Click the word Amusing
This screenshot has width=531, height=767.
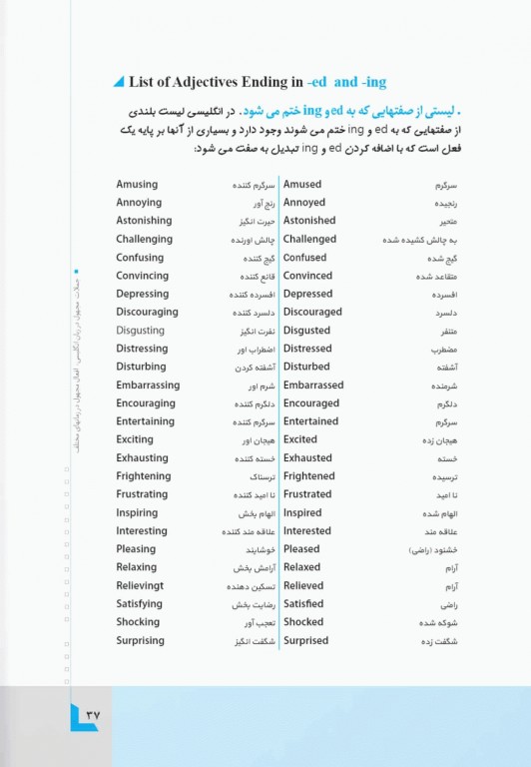[137, 185]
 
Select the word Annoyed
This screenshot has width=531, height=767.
[303, 203]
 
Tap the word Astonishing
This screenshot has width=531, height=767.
[144, 221]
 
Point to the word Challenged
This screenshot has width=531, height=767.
[309, 239]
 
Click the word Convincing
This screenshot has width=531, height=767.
[142, 276]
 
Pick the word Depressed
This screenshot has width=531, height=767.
[307, 294]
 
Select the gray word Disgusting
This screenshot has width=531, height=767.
[141, 331]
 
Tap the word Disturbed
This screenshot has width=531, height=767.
[305, 367]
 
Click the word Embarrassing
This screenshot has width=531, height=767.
[148, 385]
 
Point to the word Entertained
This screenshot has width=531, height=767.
[310, 421]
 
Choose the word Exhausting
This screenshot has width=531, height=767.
[144, 458]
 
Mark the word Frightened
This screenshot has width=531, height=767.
[308, 476]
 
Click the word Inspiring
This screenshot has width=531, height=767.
[137, 513]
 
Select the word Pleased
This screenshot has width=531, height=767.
[301, 549]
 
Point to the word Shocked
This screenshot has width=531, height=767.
[303, 622]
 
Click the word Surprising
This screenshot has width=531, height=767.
[140, 641]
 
